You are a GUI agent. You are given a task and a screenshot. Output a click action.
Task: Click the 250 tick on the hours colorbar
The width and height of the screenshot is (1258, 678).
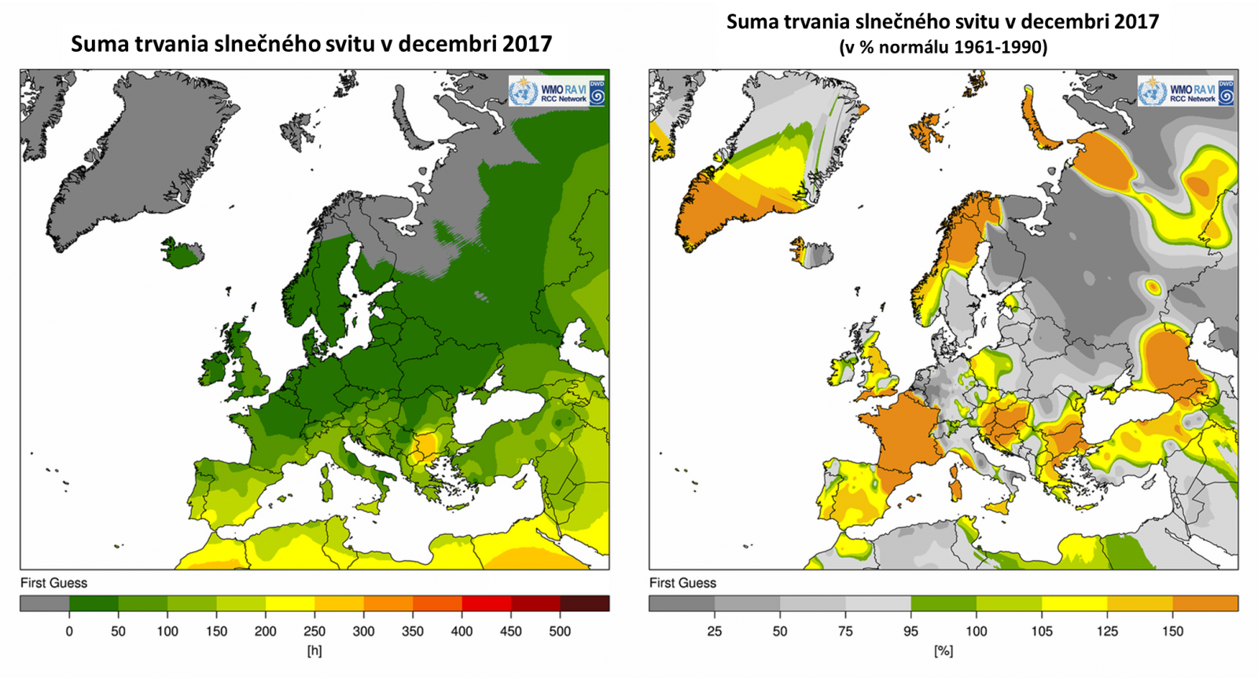point(314,631)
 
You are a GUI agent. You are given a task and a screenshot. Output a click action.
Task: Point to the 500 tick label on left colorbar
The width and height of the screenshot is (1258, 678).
point(560,631)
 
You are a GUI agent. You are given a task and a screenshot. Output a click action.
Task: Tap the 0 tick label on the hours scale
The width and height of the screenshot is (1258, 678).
point(69,631)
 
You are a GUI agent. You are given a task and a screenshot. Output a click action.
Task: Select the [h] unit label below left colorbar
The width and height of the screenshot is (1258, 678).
point(314,651)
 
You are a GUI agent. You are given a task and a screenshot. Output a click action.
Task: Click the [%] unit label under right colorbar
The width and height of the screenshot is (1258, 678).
point(943,651)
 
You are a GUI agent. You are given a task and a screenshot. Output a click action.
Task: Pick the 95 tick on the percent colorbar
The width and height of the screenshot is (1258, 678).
point(910,631)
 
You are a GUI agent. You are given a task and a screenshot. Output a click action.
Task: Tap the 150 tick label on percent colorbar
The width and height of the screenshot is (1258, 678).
point(1172,631)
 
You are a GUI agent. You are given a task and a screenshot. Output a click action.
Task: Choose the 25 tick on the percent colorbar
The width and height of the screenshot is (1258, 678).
point(714,631)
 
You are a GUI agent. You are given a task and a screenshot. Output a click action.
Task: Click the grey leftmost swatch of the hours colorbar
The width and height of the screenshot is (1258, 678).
point(45,603)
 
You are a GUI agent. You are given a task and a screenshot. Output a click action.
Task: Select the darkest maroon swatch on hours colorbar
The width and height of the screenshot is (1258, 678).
point(584,603)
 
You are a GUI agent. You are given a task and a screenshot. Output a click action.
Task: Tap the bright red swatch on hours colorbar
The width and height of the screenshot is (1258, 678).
point(486,603)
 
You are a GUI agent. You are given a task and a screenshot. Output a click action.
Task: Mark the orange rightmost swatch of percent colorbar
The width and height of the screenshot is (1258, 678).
point(1205,603)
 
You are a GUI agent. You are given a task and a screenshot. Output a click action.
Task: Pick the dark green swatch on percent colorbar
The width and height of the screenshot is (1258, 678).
point(943,603)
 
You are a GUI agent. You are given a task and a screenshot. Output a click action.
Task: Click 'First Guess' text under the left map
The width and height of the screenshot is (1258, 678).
point(53,583)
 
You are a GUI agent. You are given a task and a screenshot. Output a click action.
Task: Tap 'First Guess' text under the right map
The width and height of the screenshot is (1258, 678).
point(682,583)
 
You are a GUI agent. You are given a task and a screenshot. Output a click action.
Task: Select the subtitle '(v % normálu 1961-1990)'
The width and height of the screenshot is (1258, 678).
point(943,47)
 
